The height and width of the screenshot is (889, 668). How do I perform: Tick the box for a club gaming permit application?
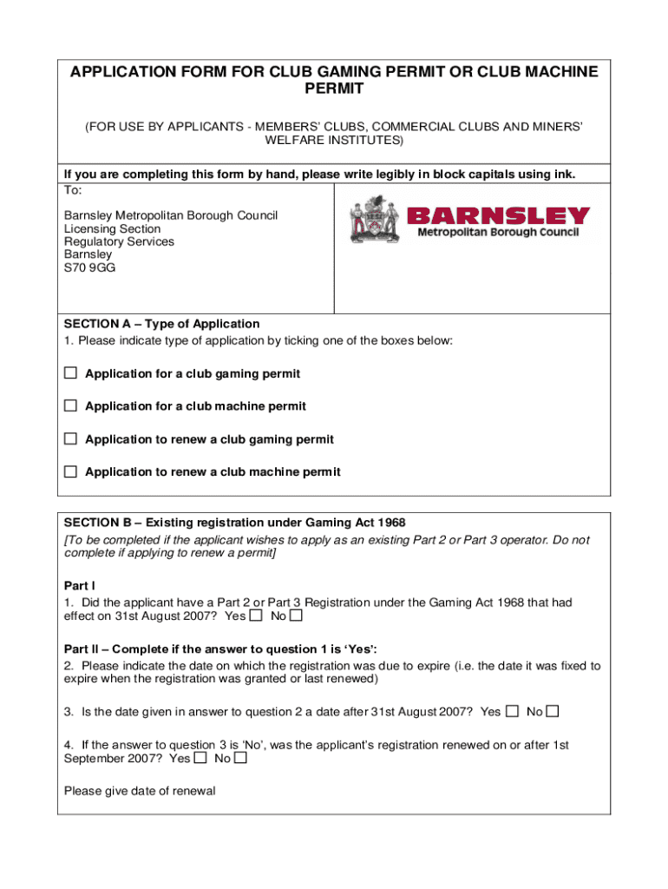tap(70, 373)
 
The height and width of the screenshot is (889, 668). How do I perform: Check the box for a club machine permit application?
tap(70, 405)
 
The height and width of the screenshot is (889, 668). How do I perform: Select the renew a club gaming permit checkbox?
tap(70, 438)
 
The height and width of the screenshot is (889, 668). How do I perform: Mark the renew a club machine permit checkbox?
tap(70, 471)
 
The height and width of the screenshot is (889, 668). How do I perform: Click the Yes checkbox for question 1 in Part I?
tap(256, 616)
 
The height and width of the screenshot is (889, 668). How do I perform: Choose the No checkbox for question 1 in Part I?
tap(297, 616)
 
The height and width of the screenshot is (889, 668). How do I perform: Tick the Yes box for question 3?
tap(512, 712)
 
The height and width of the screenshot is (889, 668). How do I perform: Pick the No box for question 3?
tap(553, 712)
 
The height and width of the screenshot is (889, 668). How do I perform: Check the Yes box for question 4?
tap(200, 758)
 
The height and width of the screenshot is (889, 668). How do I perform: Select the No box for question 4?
tap(241, 758)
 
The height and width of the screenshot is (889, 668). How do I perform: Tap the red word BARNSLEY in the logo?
tap(498, 216)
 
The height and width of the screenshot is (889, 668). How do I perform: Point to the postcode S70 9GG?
tap(89, 268)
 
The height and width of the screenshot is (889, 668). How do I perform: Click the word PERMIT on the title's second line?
tap(334, 89)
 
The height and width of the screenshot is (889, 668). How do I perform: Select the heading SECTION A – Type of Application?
tap(162, 324)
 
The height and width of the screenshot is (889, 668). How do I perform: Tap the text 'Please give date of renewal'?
tap(140, 791)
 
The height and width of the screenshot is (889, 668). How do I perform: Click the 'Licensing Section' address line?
tap(113, 229)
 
